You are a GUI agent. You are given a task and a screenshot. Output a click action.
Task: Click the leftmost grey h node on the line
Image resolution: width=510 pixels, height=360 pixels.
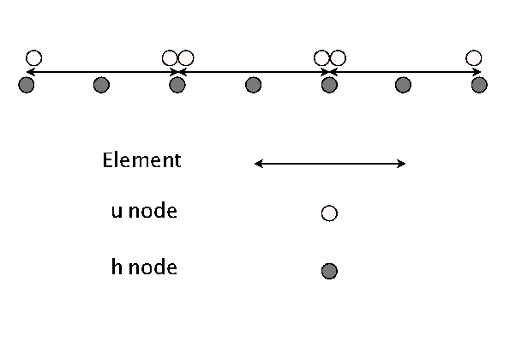pos(26,85)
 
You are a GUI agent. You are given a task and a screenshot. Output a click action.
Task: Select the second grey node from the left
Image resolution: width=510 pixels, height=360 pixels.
pos(101,85)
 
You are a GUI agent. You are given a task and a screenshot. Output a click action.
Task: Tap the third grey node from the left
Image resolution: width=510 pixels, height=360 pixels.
pos(177,85)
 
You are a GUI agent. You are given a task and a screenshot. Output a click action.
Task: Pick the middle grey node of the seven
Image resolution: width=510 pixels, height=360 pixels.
pos(253,85)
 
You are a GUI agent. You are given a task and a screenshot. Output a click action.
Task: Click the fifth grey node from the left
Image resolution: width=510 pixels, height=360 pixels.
pos(328,85)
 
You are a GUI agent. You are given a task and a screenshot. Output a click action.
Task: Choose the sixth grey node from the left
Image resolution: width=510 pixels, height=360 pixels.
pos(404,85)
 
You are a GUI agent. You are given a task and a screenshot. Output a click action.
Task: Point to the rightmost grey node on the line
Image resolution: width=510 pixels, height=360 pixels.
pos(479,85)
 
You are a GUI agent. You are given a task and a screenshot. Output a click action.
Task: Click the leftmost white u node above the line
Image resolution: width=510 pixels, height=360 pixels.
pos(33,58)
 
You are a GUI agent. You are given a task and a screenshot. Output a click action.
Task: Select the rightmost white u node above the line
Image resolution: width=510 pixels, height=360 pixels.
pos(473,58)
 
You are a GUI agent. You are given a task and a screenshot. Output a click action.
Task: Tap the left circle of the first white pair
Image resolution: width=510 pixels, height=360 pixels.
pos(171,58)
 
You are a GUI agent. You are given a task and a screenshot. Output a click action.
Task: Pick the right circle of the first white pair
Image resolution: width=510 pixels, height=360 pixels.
pos(185,58)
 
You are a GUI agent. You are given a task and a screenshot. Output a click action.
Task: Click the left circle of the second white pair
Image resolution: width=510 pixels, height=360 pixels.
pos(322,58)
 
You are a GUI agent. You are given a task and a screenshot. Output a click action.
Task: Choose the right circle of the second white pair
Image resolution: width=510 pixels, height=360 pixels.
pos(337,58)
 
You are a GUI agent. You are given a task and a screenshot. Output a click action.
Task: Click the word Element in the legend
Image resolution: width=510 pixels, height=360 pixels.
pos(141,160)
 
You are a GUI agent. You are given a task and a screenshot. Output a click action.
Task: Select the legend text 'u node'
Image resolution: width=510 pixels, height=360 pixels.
pos(144,211)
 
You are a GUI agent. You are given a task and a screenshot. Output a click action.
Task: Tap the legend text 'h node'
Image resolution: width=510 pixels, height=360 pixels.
pos(144,267)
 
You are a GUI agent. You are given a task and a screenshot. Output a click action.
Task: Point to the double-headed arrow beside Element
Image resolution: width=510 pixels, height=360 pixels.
pos(330,163)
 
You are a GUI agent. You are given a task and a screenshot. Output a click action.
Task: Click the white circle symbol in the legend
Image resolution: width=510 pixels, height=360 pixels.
pos(328,213)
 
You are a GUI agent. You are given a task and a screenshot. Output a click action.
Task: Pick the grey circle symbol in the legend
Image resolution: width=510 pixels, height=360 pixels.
pos(328,271)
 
